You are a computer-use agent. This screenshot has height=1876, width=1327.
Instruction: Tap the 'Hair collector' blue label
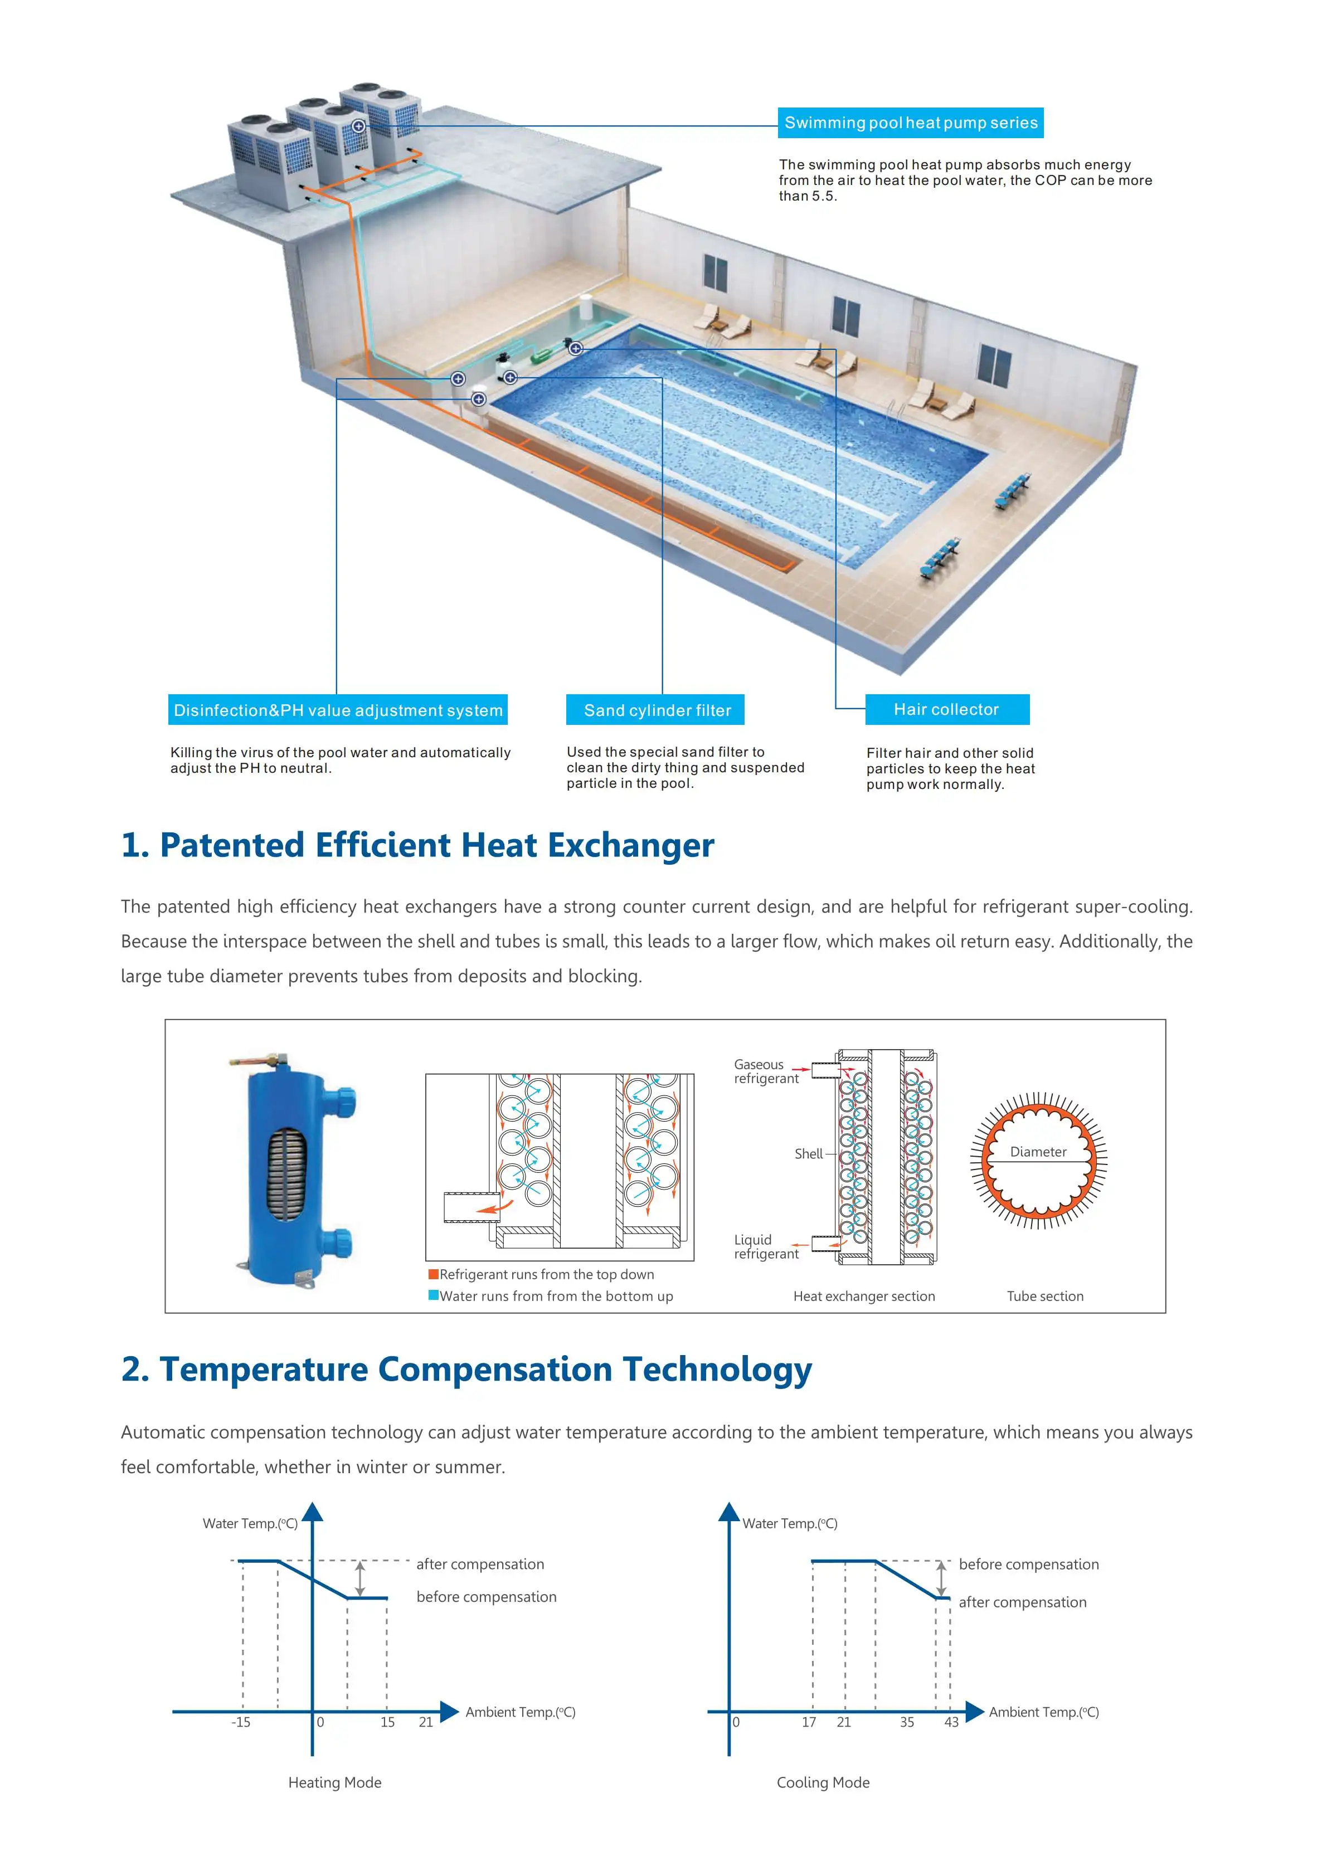click(x=947, y=709)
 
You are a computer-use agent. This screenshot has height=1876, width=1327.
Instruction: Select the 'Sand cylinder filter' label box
click(x=655, y=710)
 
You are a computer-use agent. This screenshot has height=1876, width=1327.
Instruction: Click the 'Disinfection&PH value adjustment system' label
click(x=338, y=710)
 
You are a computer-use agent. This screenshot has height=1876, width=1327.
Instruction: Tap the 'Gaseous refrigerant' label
click(x=766, y=1071)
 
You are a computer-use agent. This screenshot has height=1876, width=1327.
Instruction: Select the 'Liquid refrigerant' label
click(x=766, y=1247)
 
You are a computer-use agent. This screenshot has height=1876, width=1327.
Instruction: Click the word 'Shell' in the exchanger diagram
click(x=808, y=1154)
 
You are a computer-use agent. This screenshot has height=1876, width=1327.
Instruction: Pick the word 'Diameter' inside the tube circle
click(x=1038, y=1152)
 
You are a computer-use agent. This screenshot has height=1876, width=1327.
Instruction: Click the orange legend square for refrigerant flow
click(x=433, y=1274)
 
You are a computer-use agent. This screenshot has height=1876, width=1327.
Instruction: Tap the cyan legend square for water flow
click(x=433, y=1295)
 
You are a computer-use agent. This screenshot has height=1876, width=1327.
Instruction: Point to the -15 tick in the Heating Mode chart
click(x=241, y=1722)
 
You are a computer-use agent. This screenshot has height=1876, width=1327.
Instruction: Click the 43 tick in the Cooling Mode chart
click(x=951, y=1722)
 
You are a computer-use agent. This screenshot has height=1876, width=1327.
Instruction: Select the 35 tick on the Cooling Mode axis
click(x=907, y=1722)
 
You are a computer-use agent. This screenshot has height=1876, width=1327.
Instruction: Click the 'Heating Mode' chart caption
click(x=335, y=1783)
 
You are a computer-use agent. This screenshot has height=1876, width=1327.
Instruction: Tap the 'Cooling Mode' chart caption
click(x=823, y=1783)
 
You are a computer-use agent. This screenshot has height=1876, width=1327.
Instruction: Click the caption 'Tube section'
click(x=1045, y=1296)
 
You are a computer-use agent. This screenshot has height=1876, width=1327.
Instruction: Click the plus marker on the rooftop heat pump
click(x=358, y=126)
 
